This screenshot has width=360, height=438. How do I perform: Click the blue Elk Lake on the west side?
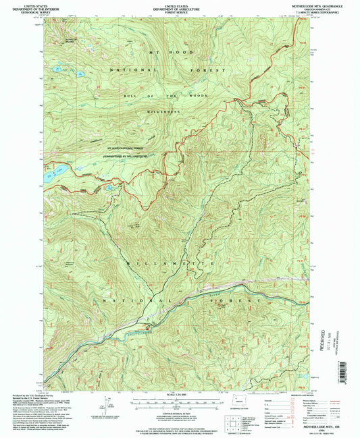click(x=53, y=171)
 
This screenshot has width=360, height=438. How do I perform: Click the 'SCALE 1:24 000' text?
click(x=179, y=395)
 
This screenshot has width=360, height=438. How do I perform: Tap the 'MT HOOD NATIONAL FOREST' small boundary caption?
click(x=126, y=148)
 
